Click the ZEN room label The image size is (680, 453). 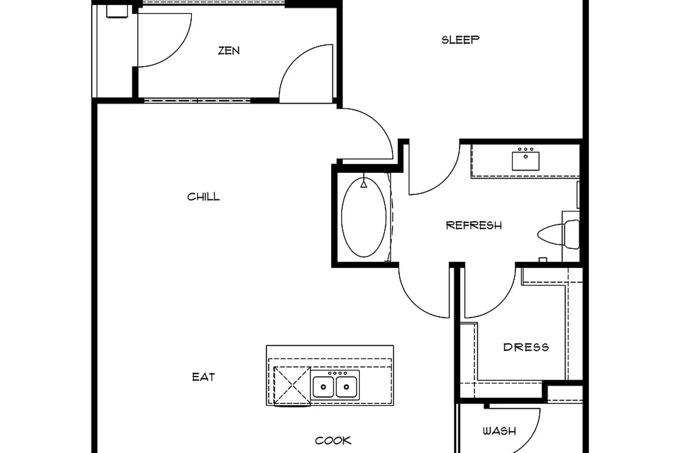point(229,51)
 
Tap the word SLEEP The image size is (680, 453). point(460,40)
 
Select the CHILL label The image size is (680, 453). point(203,197)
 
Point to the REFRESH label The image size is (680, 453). point(474,225)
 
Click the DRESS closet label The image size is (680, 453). point(526,347)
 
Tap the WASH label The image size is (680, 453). point(499,431)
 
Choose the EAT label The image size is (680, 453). point(203,377)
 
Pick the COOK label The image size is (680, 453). point(333,440)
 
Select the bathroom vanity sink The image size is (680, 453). point(525,161)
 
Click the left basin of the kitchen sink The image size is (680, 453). point(323,387)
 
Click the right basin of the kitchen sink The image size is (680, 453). point(346,387)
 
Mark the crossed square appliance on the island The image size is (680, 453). point(292,386)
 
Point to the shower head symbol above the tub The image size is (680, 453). point(364,184)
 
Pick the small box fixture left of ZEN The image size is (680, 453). point(117,11)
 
